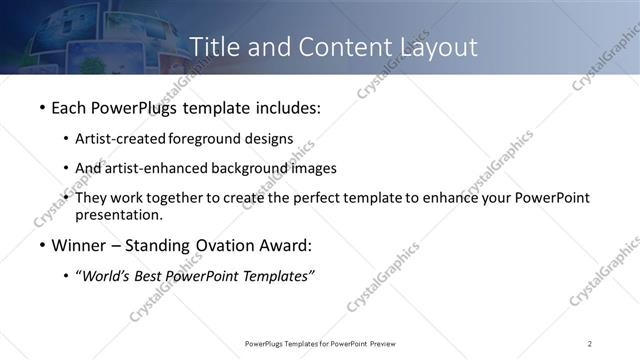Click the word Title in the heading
point(213,47)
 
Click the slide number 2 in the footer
point(590,344)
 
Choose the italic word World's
point(106,277)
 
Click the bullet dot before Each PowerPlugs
point(42,107)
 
